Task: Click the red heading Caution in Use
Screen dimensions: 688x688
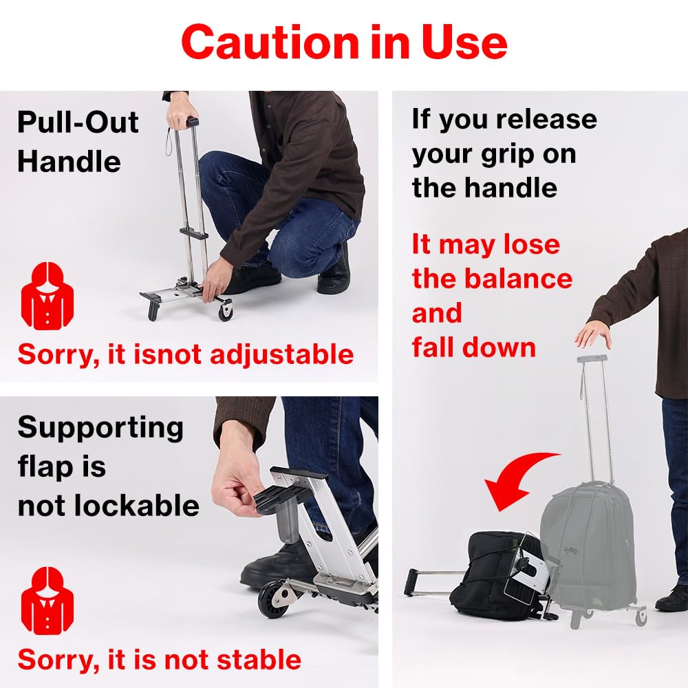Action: [x=344, y=43]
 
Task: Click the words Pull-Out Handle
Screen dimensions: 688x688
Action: [x=78, y=142]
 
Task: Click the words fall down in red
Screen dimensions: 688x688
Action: [x=473, y=347]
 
